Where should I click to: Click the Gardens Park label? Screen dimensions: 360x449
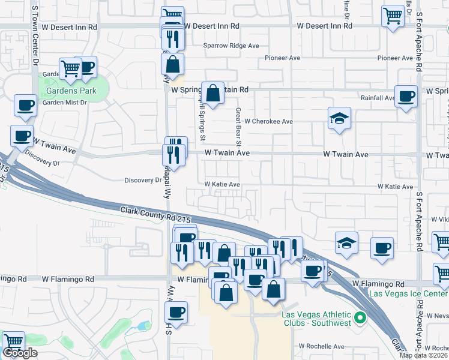(71, 91)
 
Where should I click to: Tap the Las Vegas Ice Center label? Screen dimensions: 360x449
(408, 293)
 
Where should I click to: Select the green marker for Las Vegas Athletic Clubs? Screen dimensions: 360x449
(360, 317)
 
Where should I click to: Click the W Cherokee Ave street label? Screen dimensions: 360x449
(268, 121)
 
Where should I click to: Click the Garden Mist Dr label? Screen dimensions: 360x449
(65, 102)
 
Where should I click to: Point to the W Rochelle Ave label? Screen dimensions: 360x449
(322, 346)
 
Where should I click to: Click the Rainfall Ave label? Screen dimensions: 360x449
(377, 97)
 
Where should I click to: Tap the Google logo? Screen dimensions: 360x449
(20, 353)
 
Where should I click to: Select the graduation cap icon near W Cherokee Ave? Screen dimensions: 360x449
(339, 118)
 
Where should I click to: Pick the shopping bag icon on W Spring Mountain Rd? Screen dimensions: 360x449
(212, 92)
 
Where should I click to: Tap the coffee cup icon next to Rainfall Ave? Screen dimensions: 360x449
(406, 95)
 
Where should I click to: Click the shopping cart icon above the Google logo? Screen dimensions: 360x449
(13, 341)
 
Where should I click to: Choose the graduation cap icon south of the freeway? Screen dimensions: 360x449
(346, 242)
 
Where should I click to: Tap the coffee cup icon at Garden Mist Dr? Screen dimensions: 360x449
(26, 105)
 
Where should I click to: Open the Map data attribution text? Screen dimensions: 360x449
(424, 355)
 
